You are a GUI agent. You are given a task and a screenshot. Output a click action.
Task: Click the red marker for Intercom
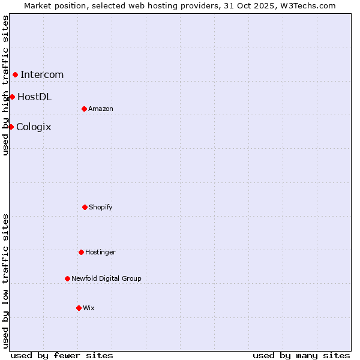point(15,74)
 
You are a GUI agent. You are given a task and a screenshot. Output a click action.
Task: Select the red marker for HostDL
point(12,97)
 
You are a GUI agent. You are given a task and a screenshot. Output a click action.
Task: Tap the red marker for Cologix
point(11,127)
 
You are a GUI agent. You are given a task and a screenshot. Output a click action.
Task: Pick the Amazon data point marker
point(84,109)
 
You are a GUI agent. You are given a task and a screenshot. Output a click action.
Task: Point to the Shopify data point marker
point(85,207)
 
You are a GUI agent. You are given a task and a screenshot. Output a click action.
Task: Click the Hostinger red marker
point(81,252)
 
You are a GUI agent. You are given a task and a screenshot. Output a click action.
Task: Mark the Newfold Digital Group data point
point(67,278)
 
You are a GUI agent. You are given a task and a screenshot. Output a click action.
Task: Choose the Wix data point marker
point(79,308)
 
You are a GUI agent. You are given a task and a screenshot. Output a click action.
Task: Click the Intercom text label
point(42,74)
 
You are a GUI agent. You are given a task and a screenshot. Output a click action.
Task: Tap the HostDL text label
point(34,97)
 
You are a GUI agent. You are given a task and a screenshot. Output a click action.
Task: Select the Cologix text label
point(34,127)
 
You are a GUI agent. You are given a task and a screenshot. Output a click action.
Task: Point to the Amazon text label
point(101,109)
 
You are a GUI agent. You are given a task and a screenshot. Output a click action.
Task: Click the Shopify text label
point(101,207)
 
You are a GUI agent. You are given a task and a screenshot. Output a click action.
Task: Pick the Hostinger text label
point(100,252)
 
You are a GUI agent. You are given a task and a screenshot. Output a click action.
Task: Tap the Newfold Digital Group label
point(106,278)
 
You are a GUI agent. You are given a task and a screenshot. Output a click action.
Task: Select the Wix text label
point(89,308)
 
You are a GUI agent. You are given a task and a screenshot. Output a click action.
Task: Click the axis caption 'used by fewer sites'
point(62,355)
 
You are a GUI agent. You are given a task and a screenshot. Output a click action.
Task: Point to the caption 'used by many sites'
point(301,355)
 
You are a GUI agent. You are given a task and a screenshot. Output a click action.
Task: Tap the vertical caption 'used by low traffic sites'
point(5,280)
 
